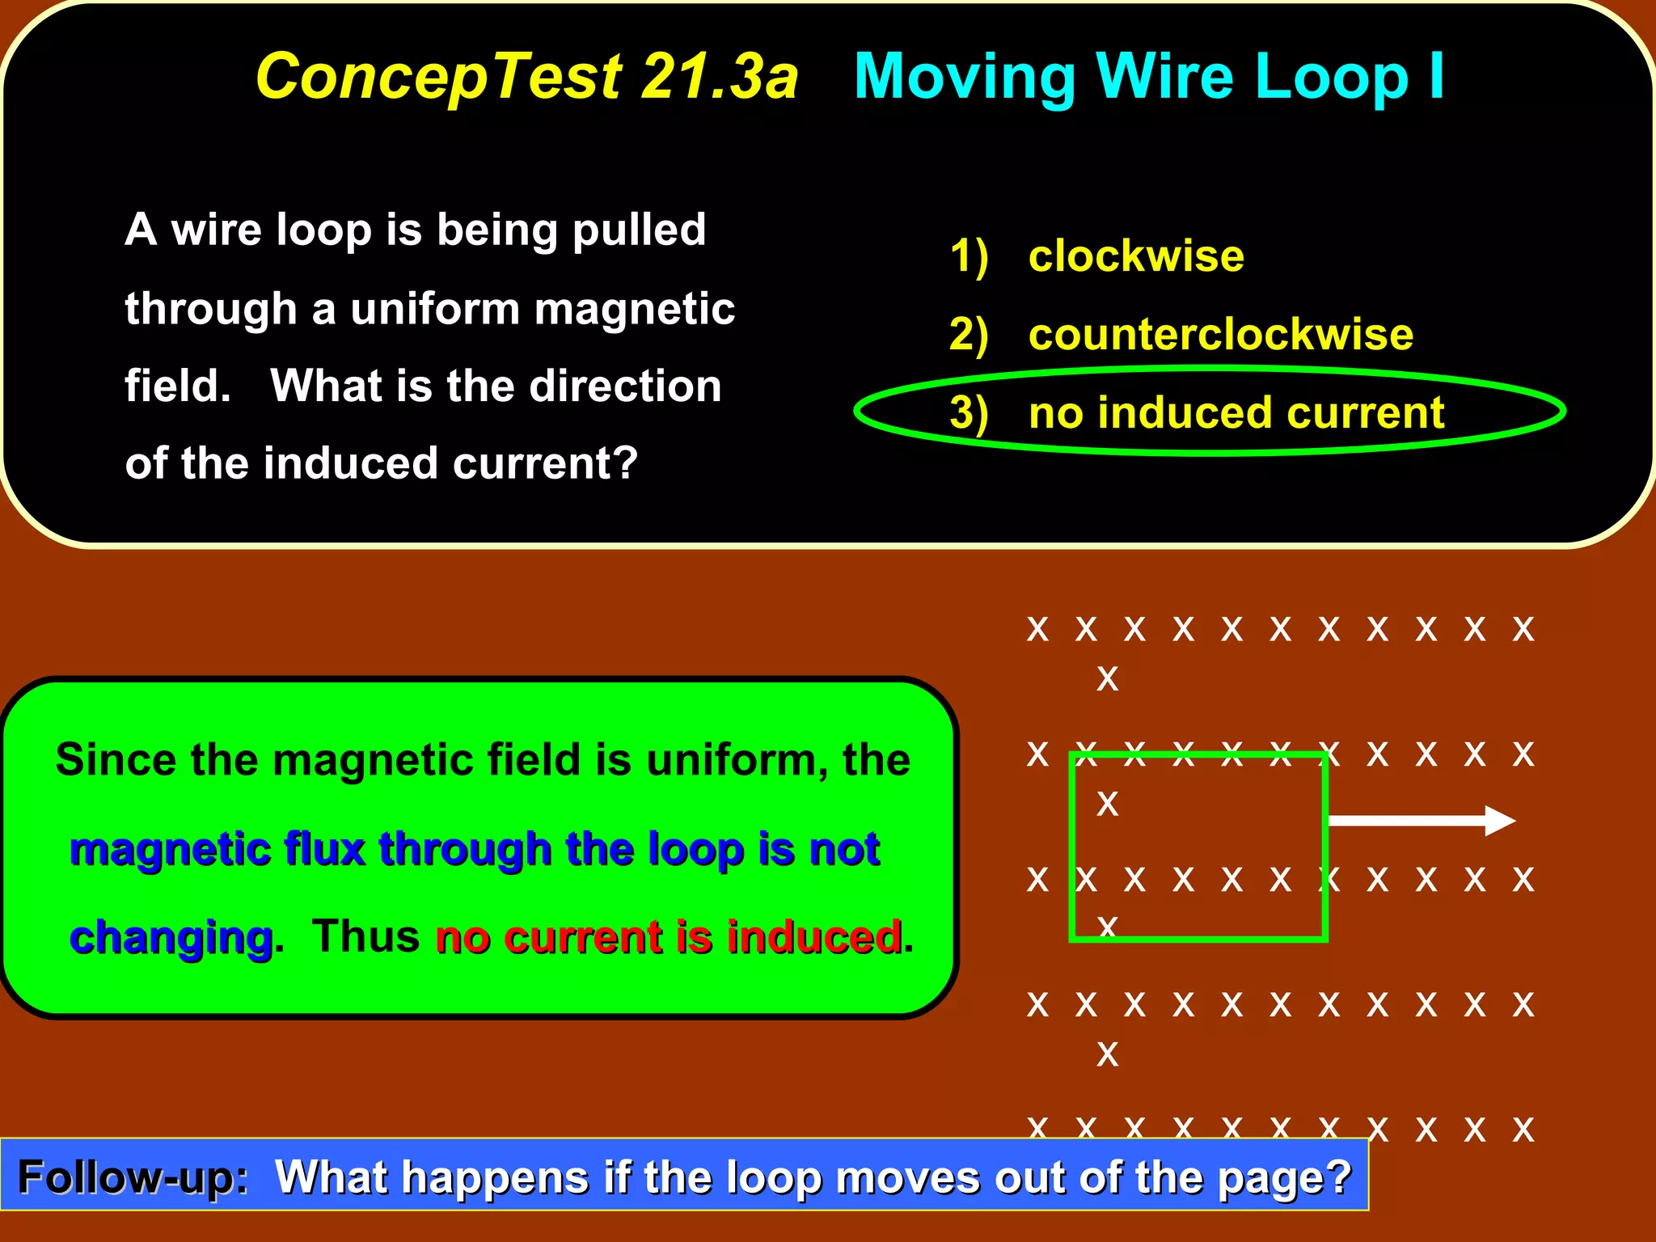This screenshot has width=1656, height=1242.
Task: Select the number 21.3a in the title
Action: tap(720, 77)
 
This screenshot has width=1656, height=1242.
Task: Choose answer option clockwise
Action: tap(1135, 256)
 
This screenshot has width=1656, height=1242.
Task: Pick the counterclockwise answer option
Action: tap(1220, 334)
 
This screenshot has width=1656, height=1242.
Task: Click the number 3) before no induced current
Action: tap(969, 413)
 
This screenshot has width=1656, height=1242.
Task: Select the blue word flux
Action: tap(324, 849)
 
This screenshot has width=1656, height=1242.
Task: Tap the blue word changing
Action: tap(171, 938)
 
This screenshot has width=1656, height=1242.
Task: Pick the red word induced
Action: tap(813, 937)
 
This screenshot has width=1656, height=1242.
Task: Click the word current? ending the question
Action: tap(545, 463)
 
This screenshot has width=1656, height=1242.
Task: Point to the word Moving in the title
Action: tap(965, 77)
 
